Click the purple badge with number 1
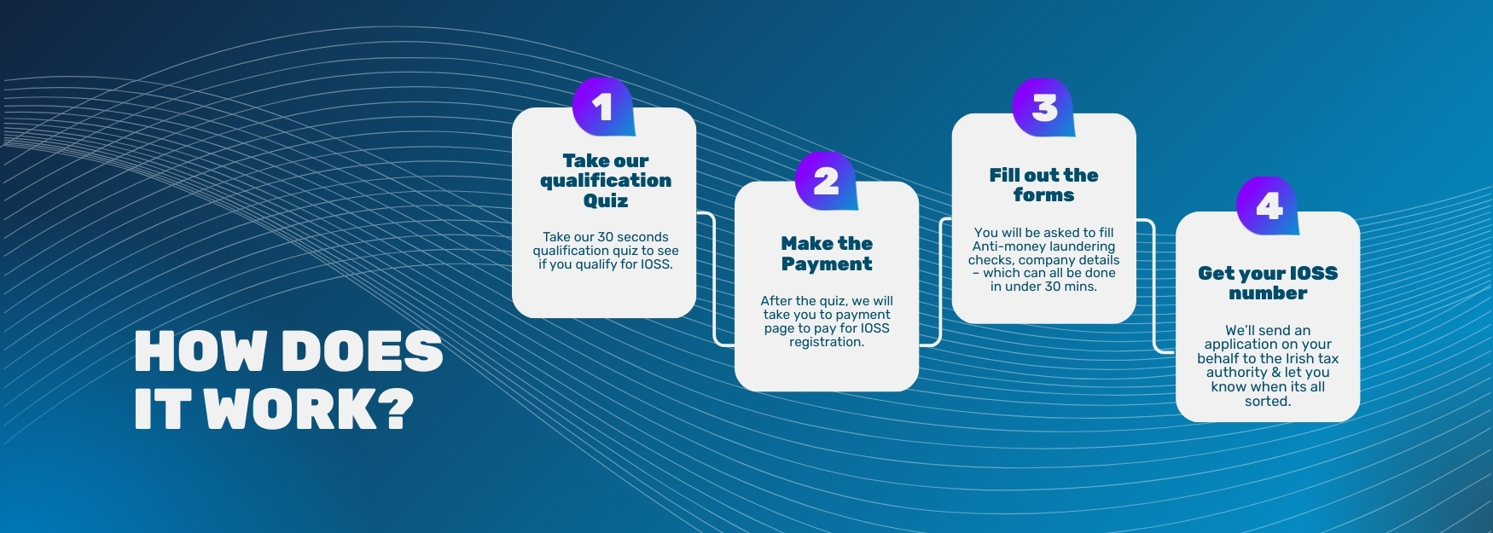pos(603,107)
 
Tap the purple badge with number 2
pos(826,181)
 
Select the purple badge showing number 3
pos(1044,107)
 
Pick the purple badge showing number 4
pos(1268,206)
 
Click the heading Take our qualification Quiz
pos(606,181)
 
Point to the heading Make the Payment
pos(827,254)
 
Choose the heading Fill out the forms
pos(1043,185)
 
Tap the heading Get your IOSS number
pos(1268,283)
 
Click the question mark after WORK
pos(395,408)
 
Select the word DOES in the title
pos(363,351)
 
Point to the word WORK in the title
pos(291,408)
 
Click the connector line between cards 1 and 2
pos(714,279)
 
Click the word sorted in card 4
pos(1268,401)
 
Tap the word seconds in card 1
pos(642,237)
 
